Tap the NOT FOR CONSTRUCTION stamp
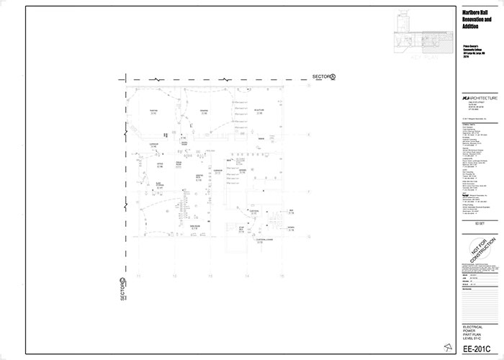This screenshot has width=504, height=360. click(479, 253)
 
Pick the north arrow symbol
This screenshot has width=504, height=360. click(449, 349)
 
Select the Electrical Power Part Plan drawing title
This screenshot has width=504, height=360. click(473, 332)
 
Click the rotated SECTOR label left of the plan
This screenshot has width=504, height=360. click(123, 290)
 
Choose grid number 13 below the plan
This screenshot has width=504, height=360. click(210, 276)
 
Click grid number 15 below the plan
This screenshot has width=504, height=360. click(282, 276)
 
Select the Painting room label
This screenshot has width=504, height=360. click(153, 111)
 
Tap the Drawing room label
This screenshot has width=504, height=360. click(204, 111)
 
